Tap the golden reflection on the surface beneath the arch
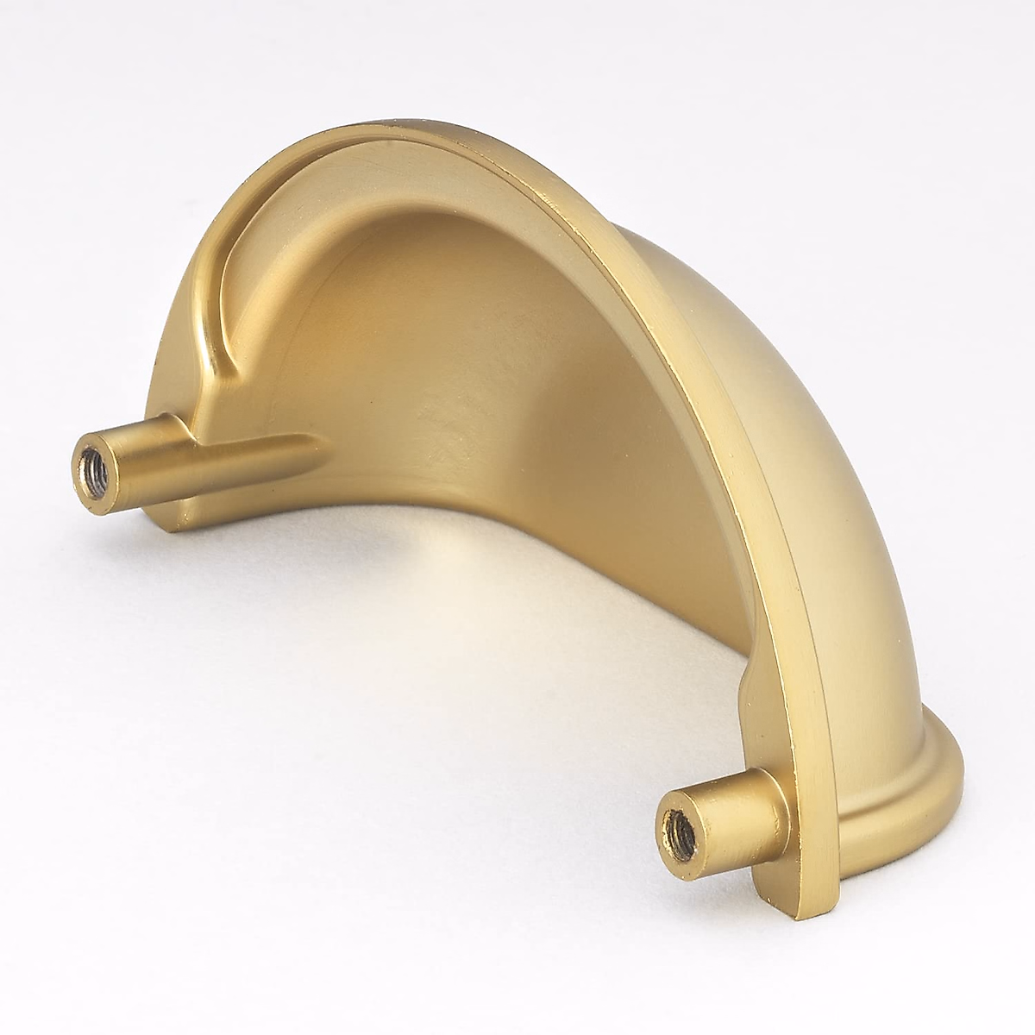483,621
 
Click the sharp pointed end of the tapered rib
326,442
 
